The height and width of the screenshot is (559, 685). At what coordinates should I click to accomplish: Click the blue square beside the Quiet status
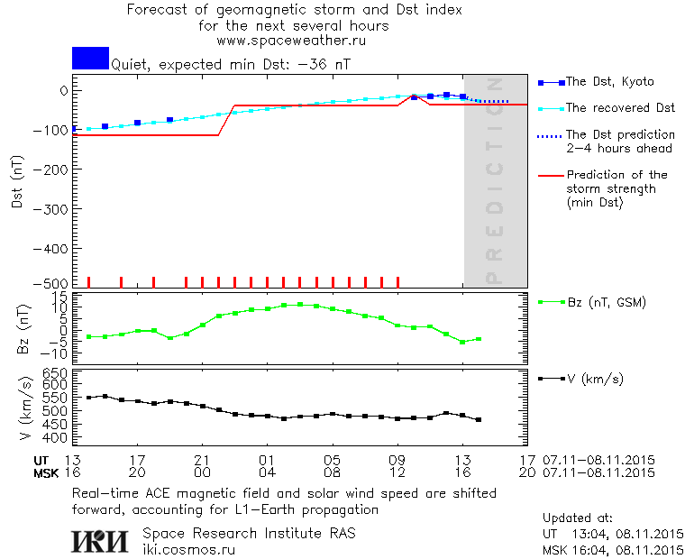coord(90,58)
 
